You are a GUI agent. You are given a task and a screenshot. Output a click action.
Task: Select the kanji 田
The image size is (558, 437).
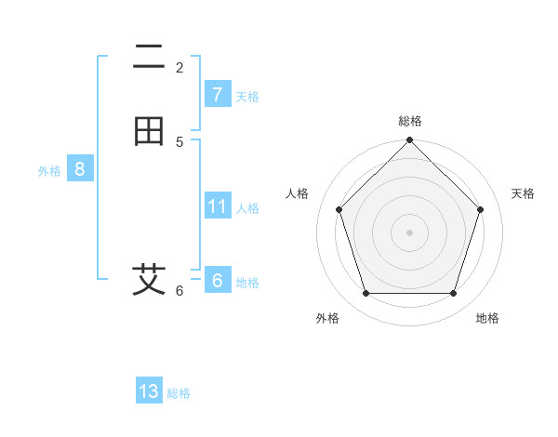click(149, 131)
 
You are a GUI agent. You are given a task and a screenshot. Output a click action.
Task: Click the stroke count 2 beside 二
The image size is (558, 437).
click(179, 68)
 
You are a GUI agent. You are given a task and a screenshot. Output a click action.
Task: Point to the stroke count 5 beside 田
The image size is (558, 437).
click(179, 142)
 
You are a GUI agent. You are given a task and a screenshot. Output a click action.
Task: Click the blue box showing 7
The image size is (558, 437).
click(217, 95)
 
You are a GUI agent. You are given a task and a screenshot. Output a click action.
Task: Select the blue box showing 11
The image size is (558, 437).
click(217, 206)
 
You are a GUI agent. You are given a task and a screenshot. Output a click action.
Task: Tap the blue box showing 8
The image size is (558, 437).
click(80, 169)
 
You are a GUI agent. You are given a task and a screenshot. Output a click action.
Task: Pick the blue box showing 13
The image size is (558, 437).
click(149, 391)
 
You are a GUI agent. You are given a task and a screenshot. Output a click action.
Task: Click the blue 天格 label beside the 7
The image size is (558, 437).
click(247, 97)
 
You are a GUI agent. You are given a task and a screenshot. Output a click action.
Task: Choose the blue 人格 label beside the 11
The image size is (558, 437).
click(248, 208)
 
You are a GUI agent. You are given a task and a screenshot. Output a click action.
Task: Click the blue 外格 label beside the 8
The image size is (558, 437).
click(49, 171)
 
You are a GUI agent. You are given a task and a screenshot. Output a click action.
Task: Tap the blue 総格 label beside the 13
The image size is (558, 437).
click(179, 393)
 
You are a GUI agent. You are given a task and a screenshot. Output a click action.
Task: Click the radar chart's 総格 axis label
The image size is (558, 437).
click(410, 121)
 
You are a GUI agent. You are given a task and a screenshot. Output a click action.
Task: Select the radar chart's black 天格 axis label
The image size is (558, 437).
click(523, 193)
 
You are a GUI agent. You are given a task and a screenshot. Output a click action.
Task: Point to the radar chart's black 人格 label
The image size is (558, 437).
click(298, 193)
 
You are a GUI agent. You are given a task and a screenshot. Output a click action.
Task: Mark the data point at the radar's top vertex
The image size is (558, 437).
click(410, 140)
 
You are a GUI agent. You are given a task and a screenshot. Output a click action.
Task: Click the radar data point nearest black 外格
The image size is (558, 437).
click(365, 294)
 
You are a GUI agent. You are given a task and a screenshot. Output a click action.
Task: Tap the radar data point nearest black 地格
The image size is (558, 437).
click(454, 294)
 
